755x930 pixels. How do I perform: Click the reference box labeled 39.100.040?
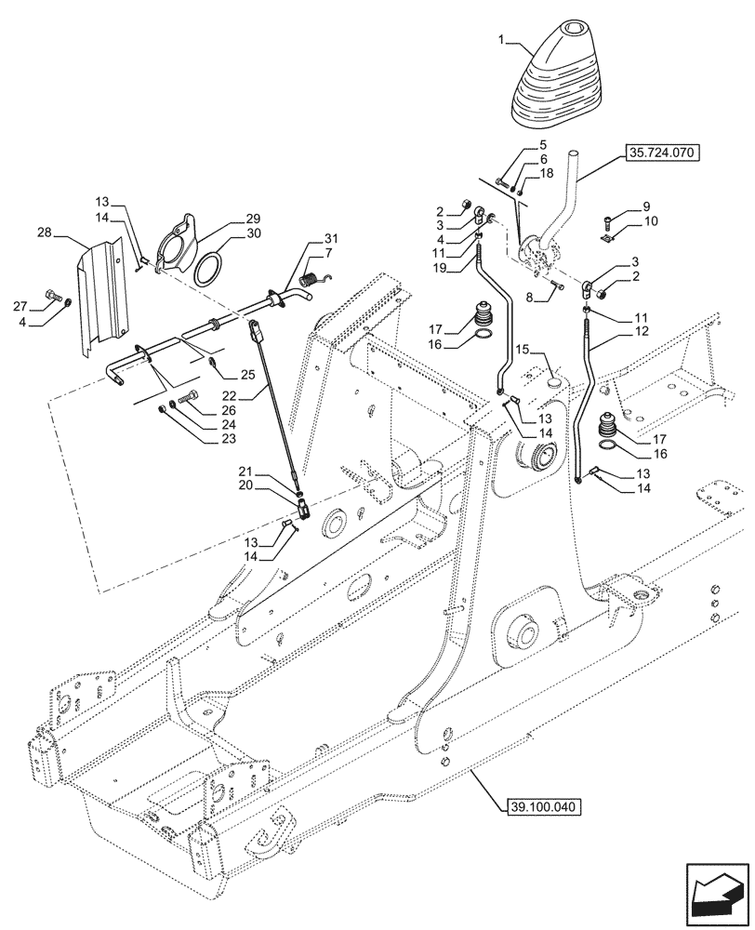(x=544, y=805)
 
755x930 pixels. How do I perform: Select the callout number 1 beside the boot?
(x=501, y=42)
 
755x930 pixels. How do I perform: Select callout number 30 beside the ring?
(x=252, y=234)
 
